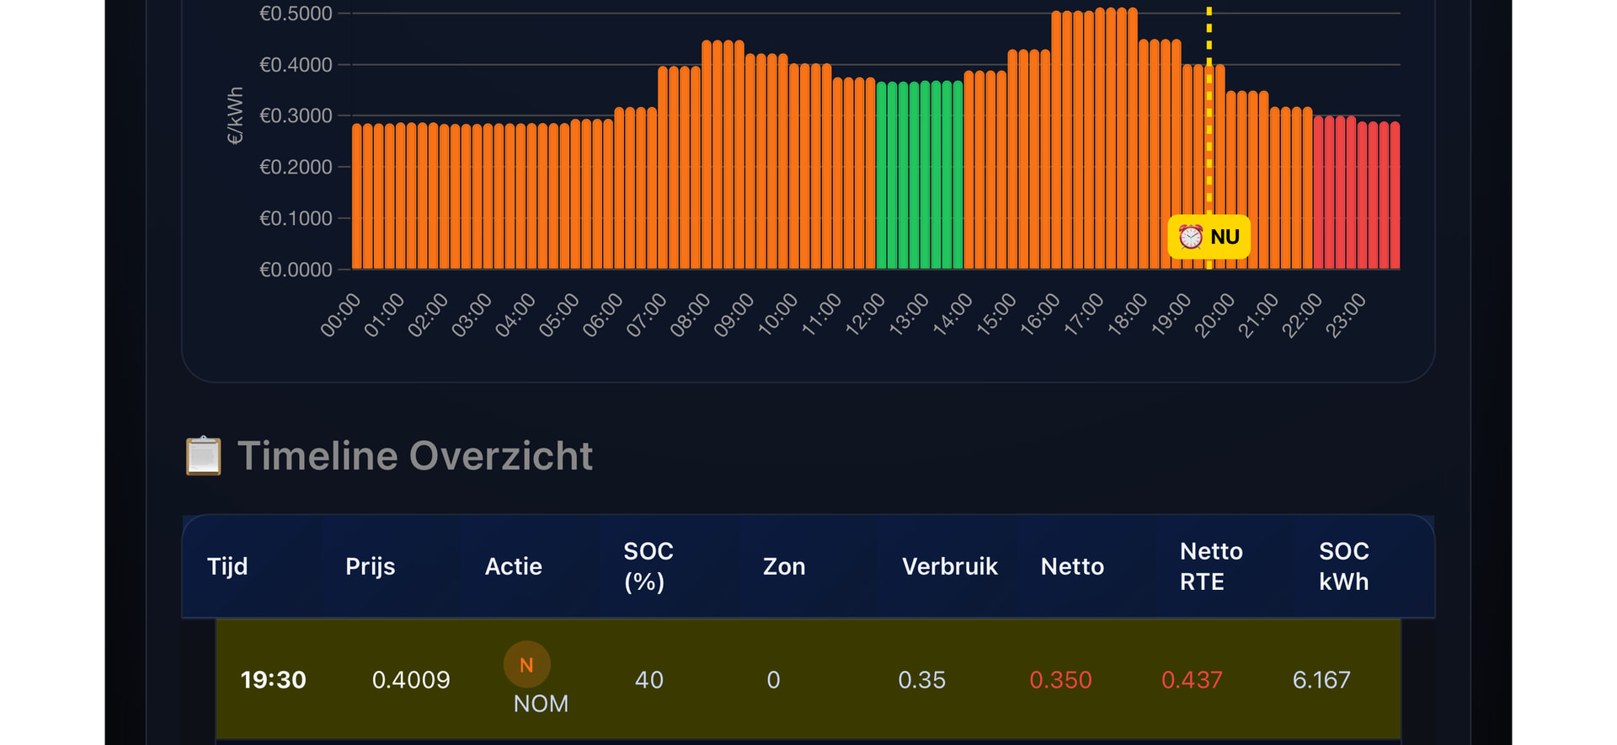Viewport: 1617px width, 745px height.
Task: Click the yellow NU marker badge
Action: (1209, 237)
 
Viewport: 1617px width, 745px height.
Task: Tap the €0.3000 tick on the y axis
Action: (296, 115)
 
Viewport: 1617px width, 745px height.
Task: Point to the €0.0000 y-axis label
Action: (296, 270)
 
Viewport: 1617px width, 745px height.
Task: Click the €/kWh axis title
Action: (235, 115)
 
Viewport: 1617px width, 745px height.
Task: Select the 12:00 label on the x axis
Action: (866, 314)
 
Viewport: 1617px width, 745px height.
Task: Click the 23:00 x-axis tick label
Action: (1346, 314)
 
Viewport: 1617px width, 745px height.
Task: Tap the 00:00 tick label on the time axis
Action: (341, 314)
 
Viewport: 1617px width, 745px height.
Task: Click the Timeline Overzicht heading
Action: (415, 456)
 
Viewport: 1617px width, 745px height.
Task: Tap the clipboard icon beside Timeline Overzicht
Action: (203, 456)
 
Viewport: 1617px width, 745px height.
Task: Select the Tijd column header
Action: (227, 566)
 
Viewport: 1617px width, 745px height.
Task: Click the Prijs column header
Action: (370, 566)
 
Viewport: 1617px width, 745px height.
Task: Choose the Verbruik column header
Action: (949, 566)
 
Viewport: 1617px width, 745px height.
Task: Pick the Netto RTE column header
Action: (1210, 566)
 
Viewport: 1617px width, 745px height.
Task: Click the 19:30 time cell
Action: (273, 680)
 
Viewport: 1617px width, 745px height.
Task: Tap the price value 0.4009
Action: (411, 680)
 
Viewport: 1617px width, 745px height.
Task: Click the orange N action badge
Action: (526, 665)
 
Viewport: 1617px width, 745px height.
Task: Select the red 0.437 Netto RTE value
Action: (1191, 680)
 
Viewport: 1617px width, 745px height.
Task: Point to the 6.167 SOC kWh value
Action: (1321, 680)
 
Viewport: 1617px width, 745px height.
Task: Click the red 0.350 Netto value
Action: (1060, 680)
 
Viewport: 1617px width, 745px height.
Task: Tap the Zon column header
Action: (783, 566)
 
